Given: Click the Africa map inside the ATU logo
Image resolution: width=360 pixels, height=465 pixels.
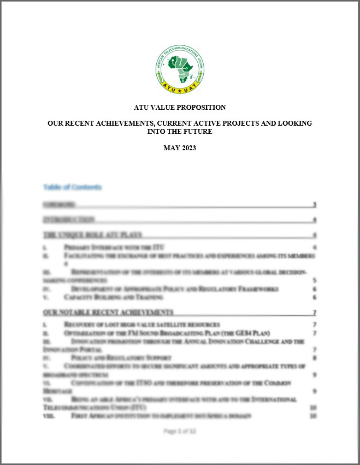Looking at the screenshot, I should point(180,69).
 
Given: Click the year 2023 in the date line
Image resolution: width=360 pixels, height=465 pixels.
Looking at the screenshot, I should point(187,148).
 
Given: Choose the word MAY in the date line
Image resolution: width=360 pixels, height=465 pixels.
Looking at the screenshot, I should point(171,148).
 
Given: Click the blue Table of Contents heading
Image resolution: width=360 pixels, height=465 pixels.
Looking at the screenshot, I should point(72,187).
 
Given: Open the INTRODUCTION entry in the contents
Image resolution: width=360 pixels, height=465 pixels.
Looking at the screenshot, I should point(69,220).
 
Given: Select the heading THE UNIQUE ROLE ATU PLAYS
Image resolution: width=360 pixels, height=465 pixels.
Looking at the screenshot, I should point(92,235).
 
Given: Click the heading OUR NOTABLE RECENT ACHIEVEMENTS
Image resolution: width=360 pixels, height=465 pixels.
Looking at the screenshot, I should point(108,313).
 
